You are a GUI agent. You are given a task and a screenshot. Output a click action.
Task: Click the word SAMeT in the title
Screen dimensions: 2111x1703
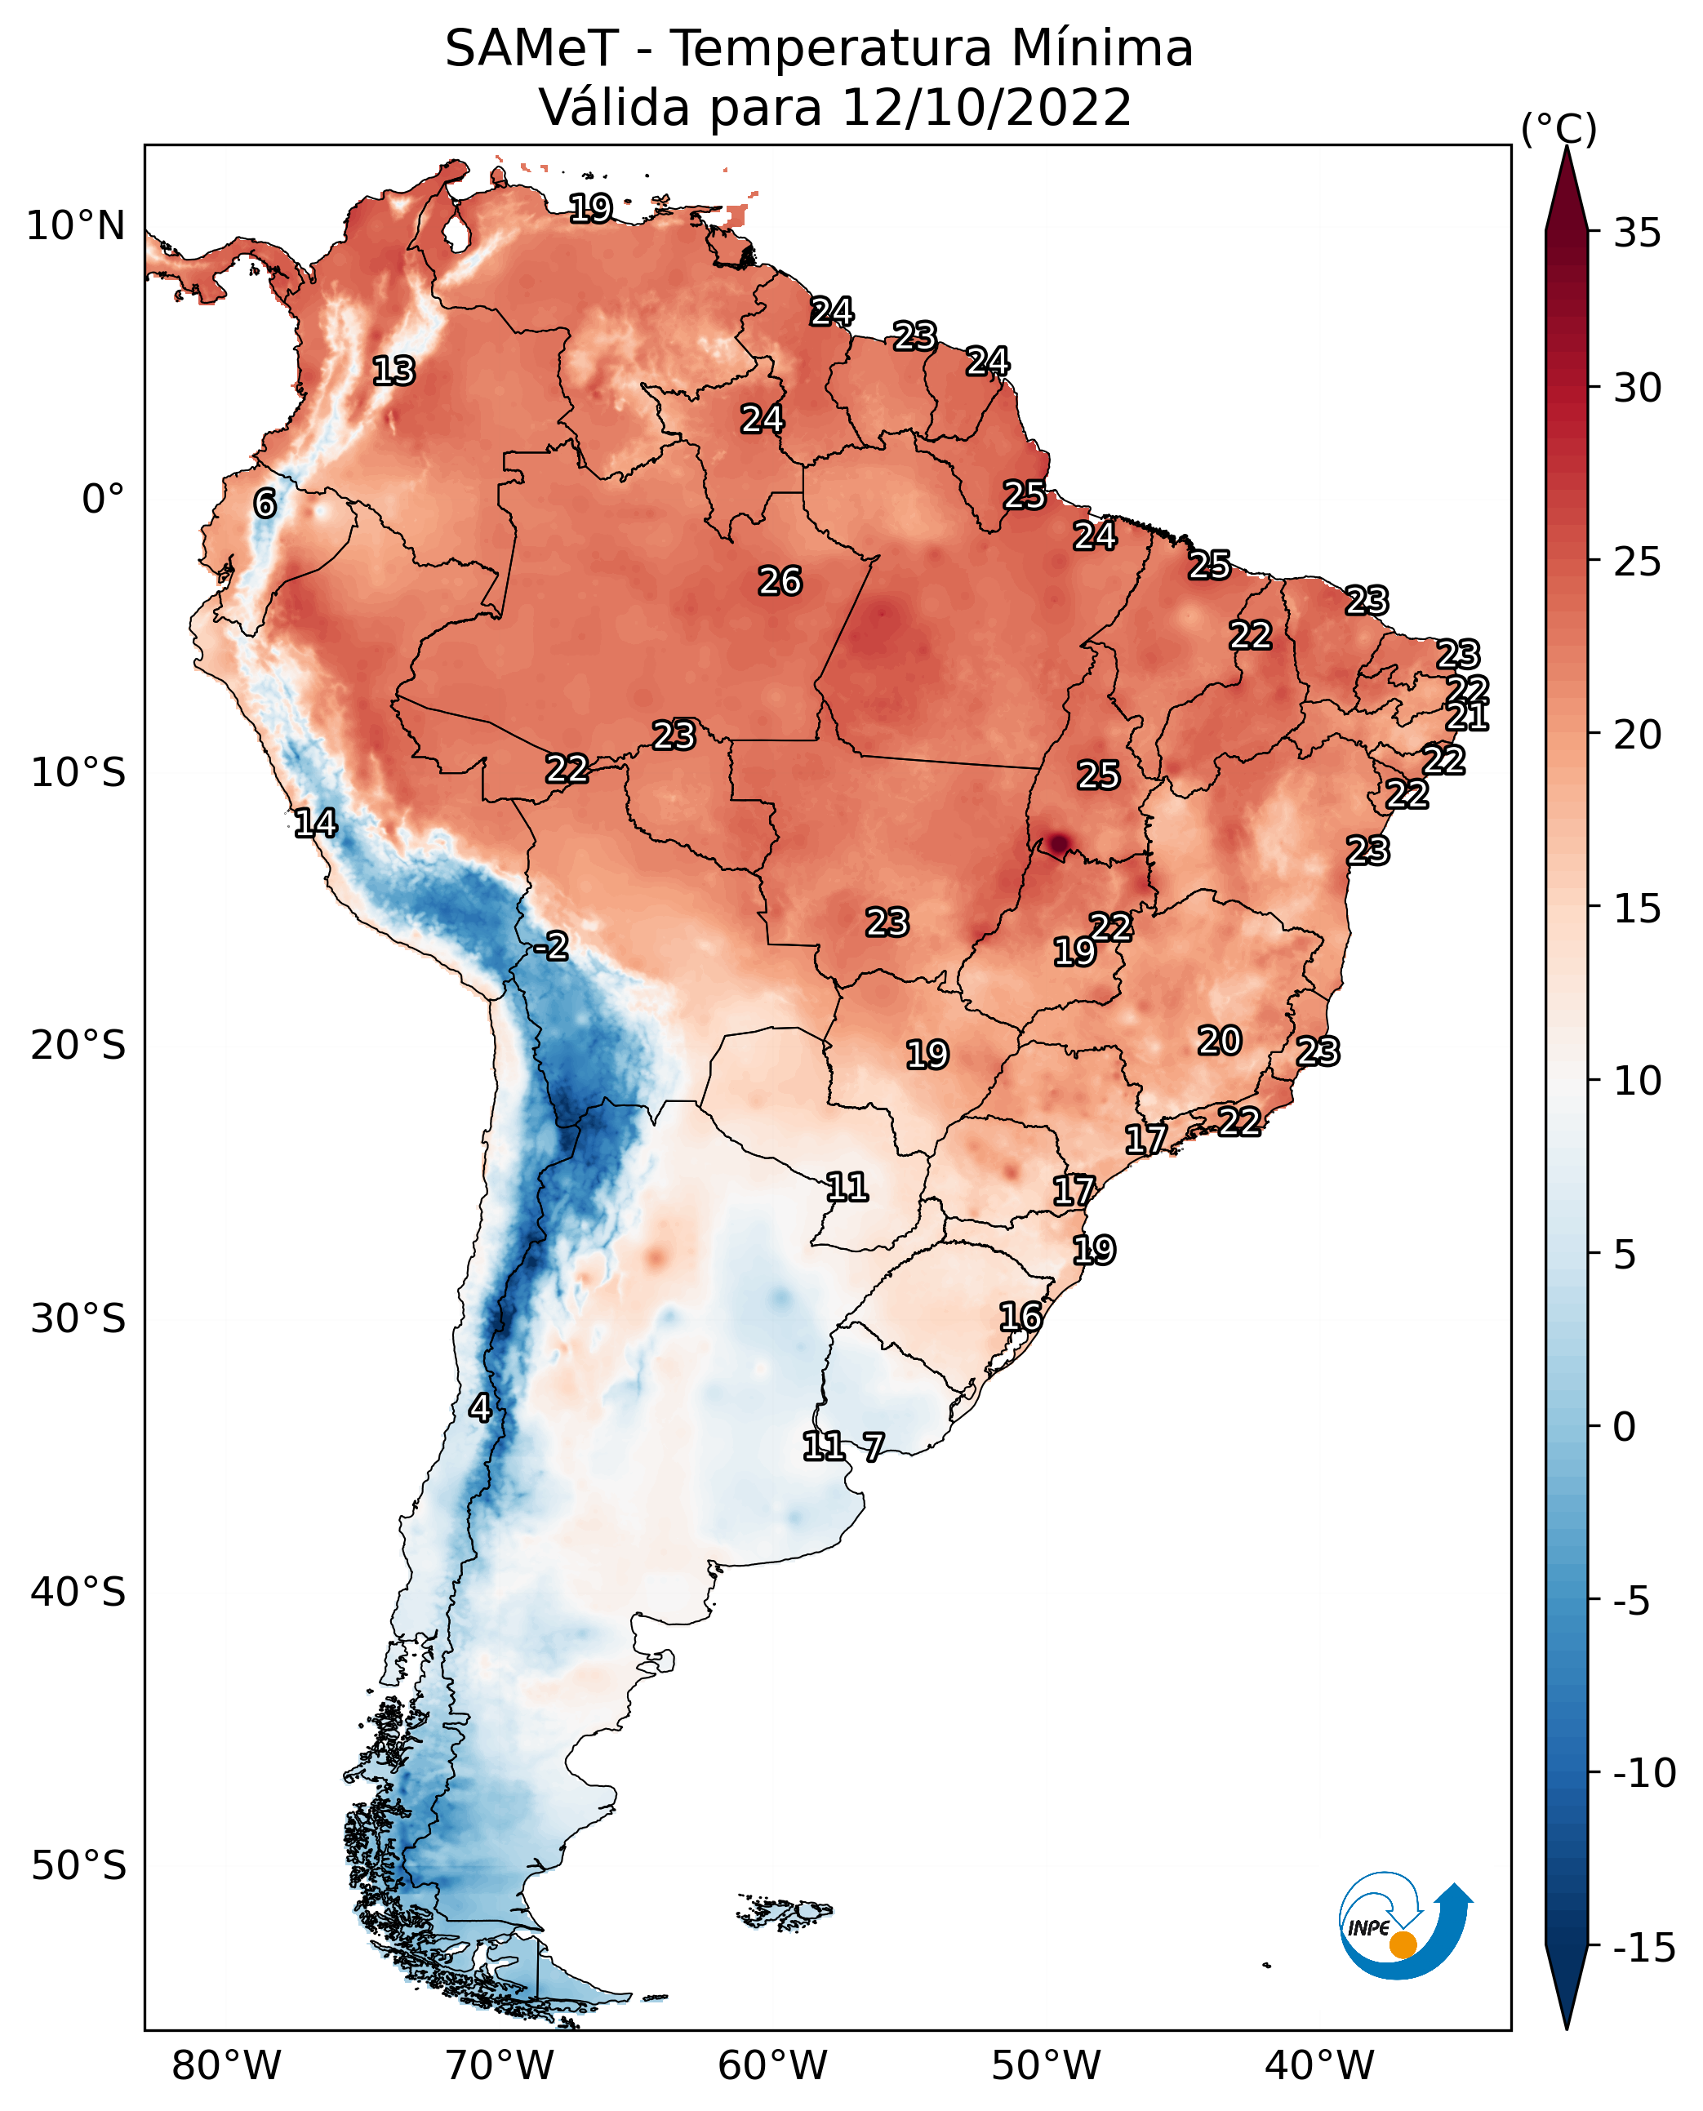(x=531, y=49)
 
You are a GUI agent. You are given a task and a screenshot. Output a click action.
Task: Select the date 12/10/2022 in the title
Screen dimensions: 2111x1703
(x=986, y=108)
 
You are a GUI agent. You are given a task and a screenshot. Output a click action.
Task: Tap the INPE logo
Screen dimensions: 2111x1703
(x=1404, y=1927)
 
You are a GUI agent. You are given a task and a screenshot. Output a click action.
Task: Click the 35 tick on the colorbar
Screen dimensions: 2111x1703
(x=1637, y=233)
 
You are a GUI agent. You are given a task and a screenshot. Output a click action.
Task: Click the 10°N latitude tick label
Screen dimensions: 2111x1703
(x=76, y=227)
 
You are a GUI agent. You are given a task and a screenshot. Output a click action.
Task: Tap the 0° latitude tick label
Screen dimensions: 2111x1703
(x=103, y=500)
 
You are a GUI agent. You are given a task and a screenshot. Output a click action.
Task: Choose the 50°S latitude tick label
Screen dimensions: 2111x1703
(x=78, y=1864)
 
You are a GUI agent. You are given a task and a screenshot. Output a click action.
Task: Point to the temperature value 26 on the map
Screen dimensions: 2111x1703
(x=780, y=582)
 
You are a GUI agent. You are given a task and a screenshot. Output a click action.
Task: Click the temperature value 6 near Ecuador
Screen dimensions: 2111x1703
(x=265, y=504)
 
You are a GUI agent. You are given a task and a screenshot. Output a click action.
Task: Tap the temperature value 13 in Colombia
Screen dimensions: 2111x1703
(x=394, y=371)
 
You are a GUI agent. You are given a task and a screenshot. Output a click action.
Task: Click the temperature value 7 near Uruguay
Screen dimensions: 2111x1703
(x=873, y=1446)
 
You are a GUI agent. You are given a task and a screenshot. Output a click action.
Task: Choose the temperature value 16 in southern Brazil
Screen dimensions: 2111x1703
(x=1020, y=1317)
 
